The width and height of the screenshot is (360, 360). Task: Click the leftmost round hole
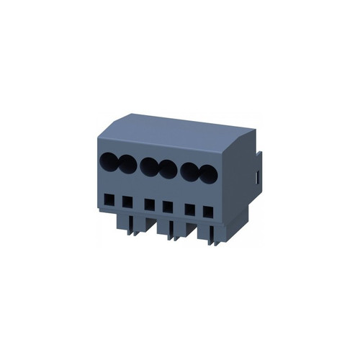[109, 161]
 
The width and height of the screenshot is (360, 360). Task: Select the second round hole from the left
[127, 164]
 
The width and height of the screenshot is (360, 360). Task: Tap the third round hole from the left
[149, 167]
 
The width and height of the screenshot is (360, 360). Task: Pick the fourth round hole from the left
[168, 170]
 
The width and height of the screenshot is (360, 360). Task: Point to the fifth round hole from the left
[190, 173]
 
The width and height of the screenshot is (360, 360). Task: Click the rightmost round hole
[207, 176]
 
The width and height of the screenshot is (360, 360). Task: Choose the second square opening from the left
[127, 201]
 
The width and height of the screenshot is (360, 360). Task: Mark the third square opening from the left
[149, 204]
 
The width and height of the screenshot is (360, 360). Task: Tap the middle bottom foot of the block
[173, 233]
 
